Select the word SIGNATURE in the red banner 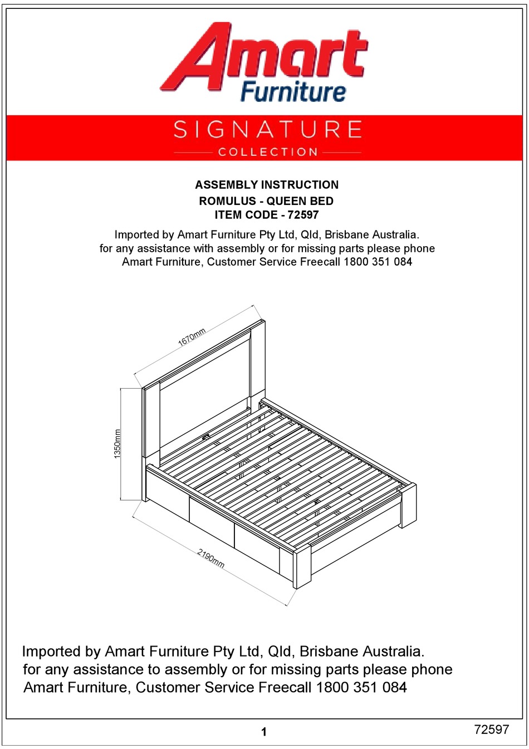[267, 130]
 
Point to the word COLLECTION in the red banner [267, 152]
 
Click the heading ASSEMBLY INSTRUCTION [267, 185]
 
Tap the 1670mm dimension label [192, 337]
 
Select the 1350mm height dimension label [117, 444]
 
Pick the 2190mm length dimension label [210, 559]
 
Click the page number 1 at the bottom [264, 732]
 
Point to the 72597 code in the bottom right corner [491, 730]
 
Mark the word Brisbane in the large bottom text [328, 652]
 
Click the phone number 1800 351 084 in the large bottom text [361, 688]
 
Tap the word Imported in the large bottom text [51, 652]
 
